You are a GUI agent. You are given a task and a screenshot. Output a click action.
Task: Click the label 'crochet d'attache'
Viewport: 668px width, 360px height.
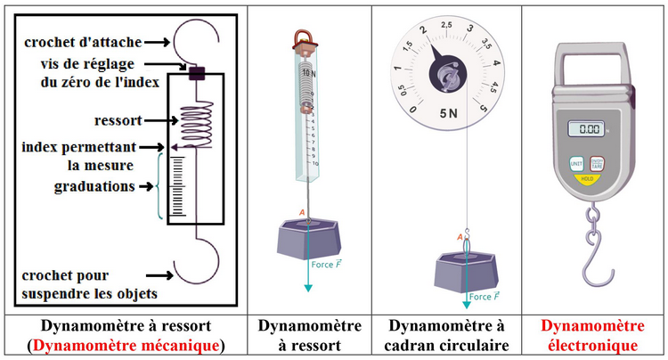[80, 41]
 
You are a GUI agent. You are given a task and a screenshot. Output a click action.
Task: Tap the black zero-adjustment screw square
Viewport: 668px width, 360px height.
[197, 74]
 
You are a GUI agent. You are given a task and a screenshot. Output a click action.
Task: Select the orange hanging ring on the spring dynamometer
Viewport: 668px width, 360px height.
[304, 37]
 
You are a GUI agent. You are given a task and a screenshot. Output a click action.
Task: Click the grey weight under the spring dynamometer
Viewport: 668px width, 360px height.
[305, 239]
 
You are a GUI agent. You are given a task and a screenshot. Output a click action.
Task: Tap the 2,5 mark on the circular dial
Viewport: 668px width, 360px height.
[446, 23]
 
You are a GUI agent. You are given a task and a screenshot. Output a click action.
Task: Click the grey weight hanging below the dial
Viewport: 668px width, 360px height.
[465, 272]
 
